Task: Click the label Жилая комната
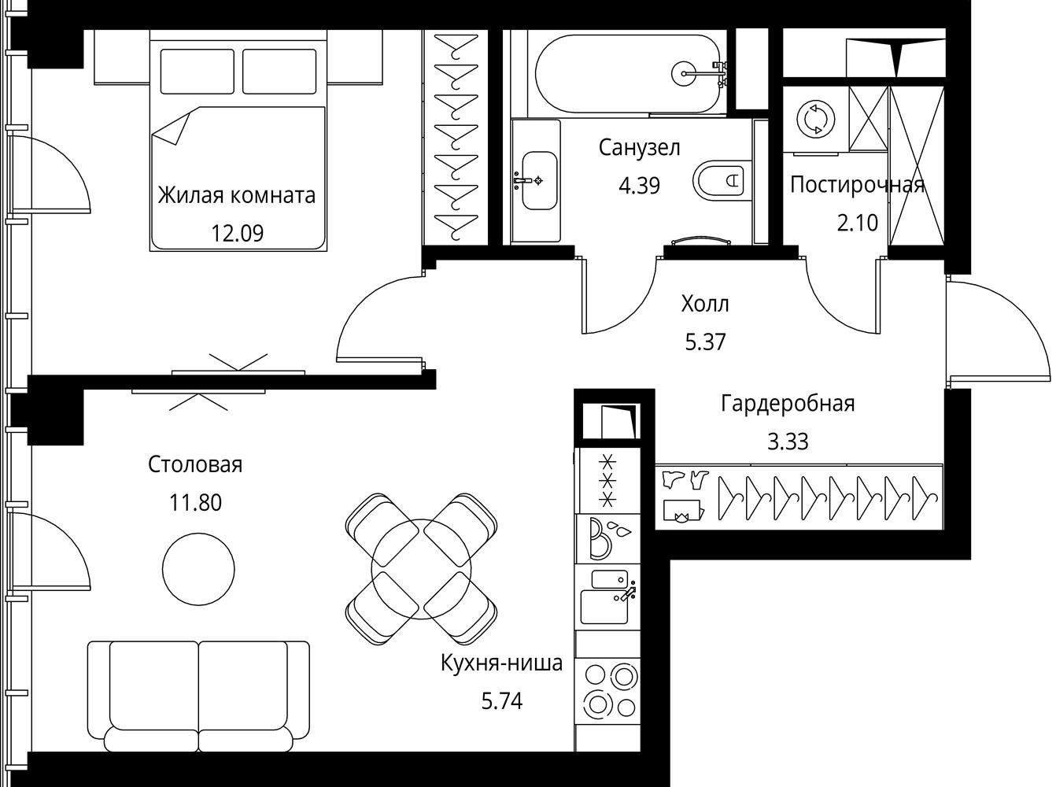pos(237,195)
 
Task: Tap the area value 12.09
pos(237,234)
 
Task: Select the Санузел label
pos(639,148)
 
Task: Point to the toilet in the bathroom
pos(718,180)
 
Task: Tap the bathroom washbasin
pos(540,180)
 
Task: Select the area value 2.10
pos(858,223)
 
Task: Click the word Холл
pos(705,304)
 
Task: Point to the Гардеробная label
pos(788,405)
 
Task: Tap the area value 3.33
pos(788,442)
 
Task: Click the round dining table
pos(421,569)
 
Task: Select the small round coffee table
pos(198,569)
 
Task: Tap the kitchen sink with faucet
pos(608,597)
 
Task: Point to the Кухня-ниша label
pos(502,663)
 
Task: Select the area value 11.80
pos(196,502)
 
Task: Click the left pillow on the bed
pos(197,72)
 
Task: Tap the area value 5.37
pos(706,342)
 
